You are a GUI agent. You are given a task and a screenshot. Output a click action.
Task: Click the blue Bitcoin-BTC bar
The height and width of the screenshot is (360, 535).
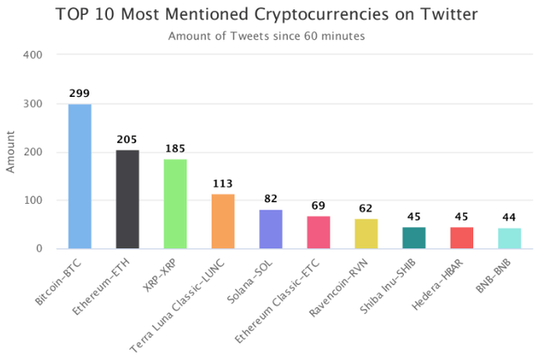pos(79,176)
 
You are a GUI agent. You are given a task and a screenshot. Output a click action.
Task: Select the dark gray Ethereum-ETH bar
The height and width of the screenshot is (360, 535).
pos(127,200)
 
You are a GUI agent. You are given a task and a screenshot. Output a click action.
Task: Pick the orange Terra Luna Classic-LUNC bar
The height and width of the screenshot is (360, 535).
pos(222,221)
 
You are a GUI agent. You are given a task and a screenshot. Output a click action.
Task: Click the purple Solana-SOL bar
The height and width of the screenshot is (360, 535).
pos(270,229)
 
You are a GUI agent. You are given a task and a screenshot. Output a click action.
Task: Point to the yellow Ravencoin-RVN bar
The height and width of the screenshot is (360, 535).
pos(366,234)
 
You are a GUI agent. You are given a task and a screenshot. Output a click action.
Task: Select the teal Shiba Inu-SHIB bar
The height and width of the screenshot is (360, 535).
pos(414,238)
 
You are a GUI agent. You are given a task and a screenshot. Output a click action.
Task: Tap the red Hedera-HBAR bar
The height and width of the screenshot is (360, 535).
pos(461,238)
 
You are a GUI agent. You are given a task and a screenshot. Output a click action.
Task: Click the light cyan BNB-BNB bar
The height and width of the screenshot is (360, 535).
pos(509,238)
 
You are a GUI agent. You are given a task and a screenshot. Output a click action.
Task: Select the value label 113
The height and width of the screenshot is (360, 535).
pos(222,185)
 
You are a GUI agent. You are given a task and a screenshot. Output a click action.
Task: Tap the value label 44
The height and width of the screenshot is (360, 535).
pos(509,218)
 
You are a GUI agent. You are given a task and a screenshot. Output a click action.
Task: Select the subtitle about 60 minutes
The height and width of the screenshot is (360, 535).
pos(267,36)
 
